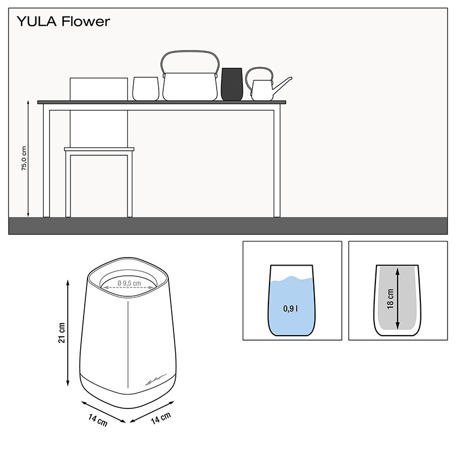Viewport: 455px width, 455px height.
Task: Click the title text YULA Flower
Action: pos(64,22)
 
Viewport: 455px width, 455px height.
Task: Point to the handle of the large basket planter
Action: pos(190,57)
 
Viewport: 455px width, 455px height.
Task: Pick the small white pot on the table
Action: pos(144,88)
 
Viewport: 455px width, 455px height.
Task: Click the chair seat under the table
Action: pos(100,149)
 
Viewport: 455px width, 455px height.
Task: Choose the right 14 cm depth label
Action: pos(161,419)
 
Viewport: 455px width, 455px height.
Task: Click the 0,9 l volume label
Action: pos(290,309)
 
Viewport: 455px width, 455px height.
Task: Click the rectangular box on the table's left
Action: pos(98,89)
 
